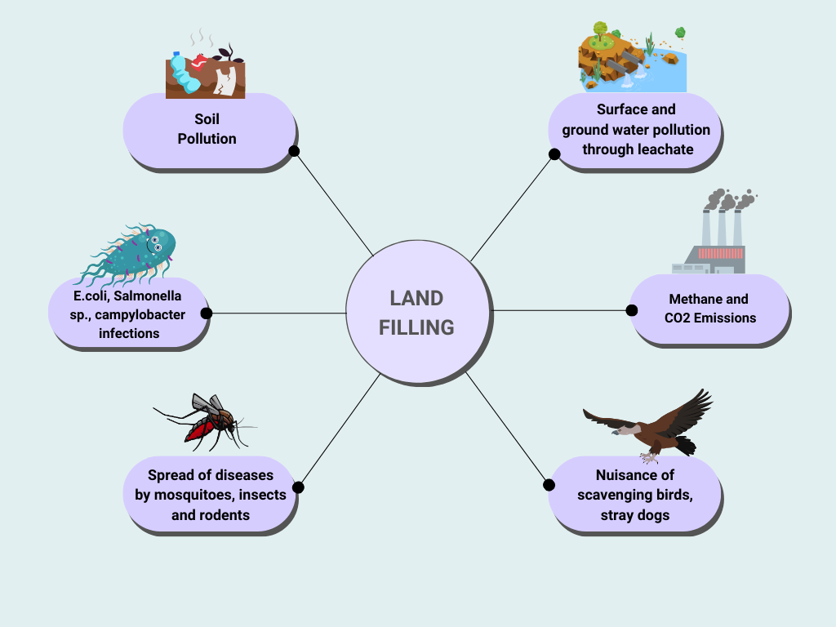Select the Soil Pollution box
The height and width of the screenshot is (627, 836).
pyautogui.click(x=207, y=130)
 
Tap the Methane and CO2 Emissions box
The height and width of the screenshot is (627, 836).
pyautogui.click(x=709, y=309)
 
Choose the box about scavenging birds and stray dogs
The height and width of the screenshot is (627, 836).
pyautogui.click(x=634, y=494)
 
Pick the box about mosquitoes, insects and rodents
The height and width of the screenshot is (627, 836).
pyautogui.click(x=211, y=494)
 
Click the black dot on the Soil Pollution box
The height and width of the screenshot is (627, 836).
pyautogui.click(x=294, y=151)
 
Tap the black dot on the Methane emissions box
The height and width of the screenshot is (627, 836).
pyautogui.click(x=631, y=310)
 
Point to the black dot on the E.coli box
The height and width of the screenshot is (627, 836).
pyautogui.click(x=206, y=313)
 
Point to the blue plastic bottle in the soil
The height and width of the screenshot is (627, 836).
pyautogui.click(x=184, y=73)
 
